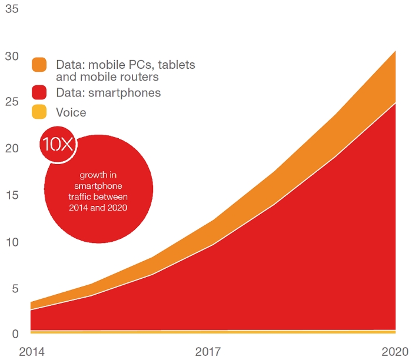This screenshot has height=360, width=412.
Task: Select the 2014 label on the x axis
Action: (32, 352)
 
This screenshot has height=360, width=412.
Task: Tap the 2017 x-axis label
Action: (208, 352)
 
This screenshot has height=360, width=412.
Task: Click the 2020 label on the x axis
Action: (394, 352)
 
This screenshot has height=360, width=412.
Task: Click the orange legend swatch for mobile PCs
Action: (39, 65)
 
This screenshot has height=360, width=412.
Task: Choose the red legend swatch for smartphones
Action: (39, 93)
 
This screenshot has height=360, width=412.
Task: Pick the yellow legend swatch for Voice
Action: (39, 112)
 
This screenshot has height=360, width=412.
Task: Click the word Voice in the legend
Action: (71, 112)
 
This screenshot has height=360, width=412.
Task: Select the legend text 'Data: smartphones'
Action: (108, 93)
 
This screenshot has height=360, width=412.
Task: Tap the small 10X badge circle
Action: (57, 144)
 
